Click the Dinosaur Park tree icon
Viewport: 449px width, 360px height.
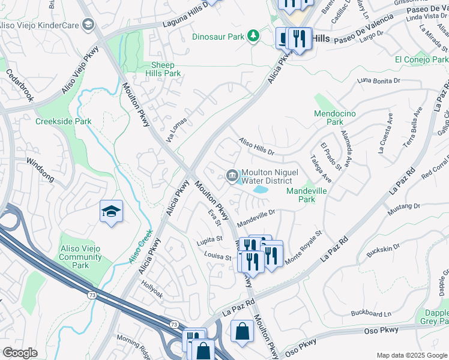click(x=254, y=37)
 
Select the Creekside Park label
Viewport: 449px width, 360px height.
click(x=63, y=121)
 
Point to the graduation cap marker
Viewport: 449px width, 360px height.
click(x=111, y=212)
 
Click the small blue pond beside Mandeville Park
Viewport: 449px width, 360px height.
click(x=261, y=190)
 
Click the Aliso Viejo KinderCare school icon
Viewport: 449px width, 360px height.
click(x=89, y=24)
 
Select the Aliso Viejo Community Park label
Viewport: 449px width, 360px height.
click(x=80, y=257)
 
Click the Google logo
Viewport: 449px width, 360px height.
click(x=20, y=353)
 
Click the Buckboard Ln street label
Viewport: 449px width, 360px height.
click(x=370, y=313)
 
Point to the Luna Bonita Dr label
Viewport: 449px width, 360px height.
click(x=378, y=80)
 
